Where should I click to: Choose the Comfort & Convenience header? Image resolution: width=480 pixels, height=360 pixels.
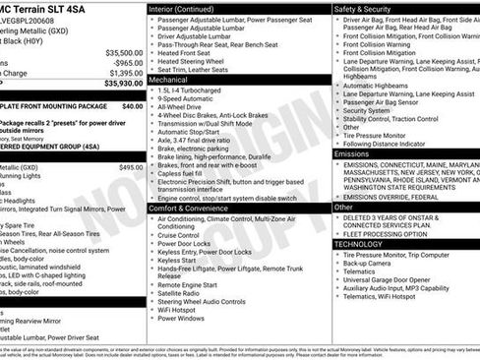(195, 209)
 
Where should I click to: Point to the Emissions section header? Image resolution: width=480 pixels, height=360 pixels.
(352, 154)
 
